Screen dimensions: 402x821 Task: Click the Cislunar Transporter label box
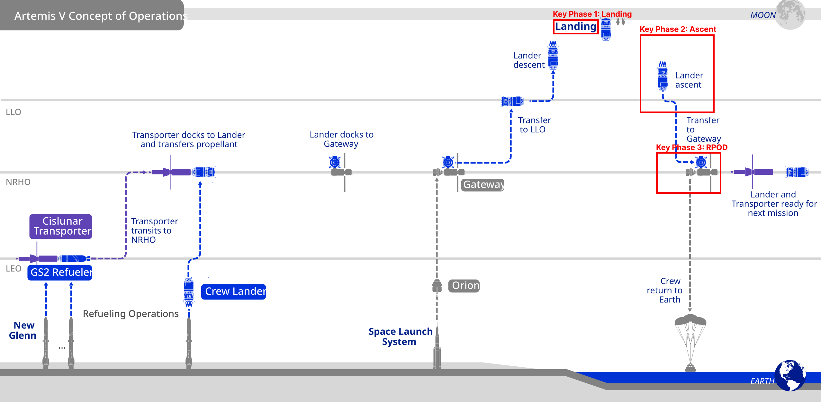[x=61, y=226]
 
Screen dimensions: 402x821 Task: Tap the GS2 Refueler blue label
[x=60, y=272]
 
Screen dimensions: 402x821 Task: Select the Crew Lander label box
[x=233, y=291]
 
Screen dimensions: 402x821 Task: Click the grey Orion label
[x=464, y=286]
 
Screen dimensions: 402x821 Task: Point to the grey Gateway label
[x=483, y=185]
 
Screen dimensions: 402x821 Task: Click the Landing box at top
[x=575, y=27]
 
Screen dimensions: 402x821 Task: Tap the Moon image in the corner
[x=790, y=14]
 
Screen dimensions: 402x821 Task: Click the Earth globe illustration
[x=790, y=375]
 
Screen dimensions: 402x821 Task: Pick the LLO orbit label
[x=14, y=112]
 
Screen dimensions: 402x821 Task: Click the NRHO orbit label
[x=18, y=182]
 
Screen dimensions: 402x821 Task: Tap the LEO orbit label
[x=14, y=269]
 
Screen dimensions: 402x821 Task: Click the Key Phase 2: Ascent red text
[x=678, y=29]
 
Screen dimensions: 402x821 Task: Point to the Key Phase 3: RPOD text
[x=691, y=147]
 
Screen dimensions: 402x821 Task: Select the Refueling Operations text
[x=131, y=314]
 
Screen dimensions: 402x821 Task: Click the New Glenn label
[x=23, y=330]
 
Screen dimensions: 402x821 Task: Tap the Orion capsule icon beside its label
[x=437, y=286]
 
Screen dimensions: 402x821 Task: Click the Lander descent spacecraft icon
[x=553, y=55]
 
